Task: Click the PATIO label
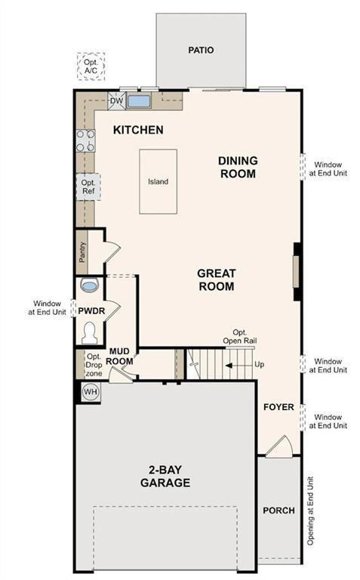(200, 51)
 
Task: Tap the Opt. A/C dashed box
(91, 66)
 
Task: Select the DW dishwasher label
(116, 101)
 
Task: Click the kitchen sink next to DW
(138, 101)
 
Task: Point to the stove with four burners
(85, 140)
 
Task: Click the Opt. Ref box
(88, 186)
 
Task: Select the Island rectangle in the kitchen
(158, 181)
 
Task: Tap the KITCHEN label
(138, 130)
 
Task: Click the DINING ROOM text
(238, 167)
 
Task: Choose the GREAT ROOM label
(217, 279)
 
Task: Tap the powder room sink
(89, 286)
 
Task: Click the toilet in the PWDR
(89, 332)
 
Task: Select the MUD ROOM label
(121, 356)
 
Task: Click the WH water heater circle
(91, 391)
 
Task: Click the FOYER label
(278, 407)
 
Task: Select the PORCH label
(278, 511)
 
